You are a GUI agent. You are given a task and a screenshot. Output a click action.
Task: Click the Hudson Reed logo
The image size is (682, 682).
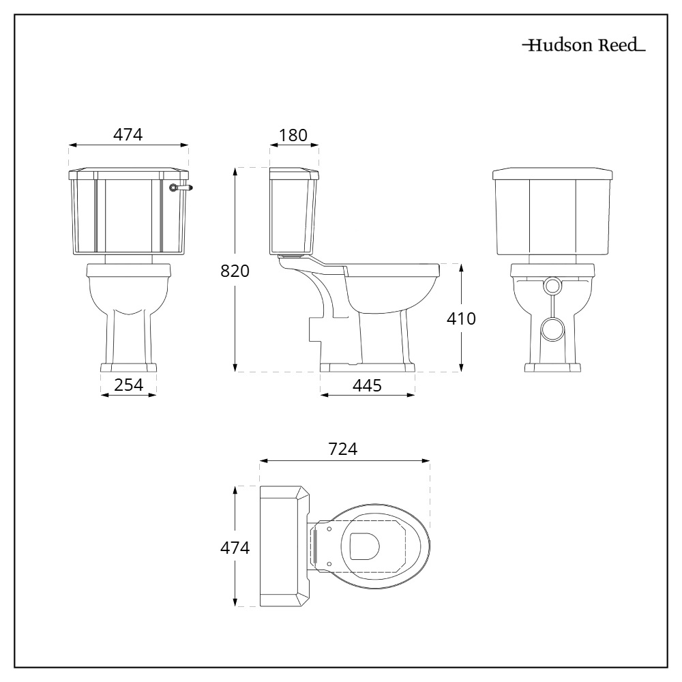(x=584, y=45)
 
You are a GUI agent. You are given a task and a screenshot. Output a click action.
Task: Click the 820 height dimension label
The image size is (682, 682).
(x=235, y=271)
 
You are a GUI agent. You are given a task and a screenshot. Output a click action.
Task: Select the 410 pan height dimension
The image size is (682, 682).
(x=461, y=318)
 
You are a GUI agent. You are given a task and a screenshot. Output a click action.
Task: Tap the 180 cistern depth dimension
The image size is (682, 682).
(x=293, y=135)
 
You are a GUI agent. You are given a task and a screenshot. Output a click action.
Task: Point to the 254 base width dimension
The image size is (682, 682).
(x=128, y=385)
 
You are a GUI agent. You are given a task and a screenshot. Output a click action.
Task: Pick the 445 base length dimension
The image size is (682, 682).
(x=367, y=385)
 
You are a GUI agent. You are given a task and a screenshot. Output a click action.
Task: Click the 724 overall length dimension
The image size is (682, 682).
(x=343, y=449)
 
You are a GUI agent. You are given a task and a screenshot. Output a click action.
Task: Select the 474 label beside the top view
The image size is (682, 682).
(x=235, y=548)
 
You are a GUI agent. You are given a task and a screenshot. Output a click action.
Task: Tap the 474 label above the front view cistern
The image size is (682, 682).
(x=128, y=135)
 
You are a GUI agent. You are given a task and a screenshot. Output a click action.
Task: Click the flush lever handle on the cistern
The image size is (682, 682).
(x=181, y=188)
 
